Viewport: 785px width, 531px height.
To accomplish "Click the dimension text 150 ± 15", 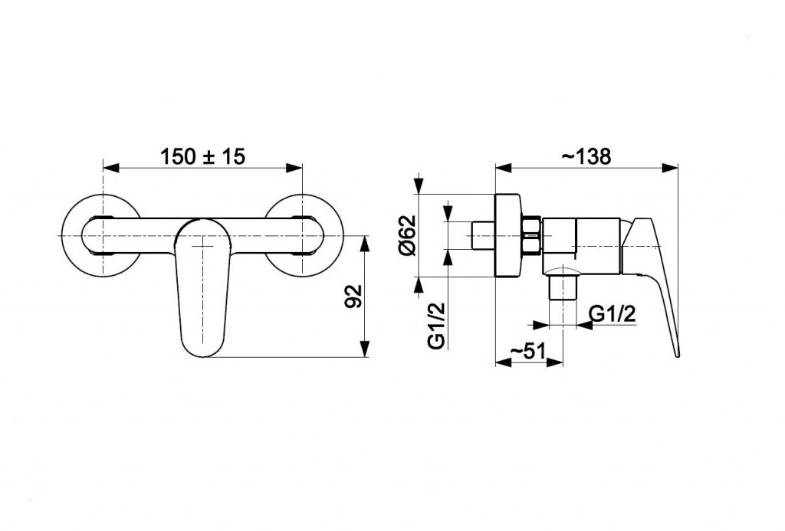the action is (x=202, y=156).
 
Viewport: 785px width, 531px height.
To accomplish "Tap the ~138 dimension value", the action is (x=586, y=156).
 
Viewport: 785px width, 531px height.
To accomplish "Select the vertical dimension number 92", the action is (x=354, y=297).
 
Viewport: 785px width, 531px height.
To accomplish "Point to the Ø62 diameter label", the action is (x=407, y=234).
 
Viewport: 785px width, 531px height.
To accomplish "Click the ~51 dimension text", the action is (x=527, y=351).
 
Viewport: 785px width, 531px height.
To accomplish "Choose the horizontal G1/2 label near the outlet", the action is (x=613, y=314).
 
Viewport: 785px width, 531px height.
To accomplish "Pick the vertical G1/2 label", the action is (x=436, y=326).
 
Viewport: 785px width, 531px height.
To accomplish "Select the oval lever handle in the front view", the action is (x=202, y=288).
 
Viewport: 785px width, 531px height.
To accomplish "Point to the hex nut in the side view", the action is (x=530, y=235).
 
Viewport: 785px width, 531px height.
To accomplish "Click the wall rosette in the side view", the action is (x=508, y=234).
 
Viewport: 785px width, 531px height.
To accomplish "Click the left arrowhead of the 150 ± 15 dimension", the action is (x=111, y=168).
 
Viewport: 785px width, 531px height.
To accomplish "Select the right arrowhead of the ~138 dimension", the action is (x=668, y=168).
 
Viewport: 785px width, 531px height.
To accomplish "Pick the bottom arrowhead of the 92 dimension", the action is (x=366, y=349).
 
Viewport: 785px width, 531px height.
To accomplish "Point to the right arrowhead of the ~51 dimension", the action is (x=554, y=362).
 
